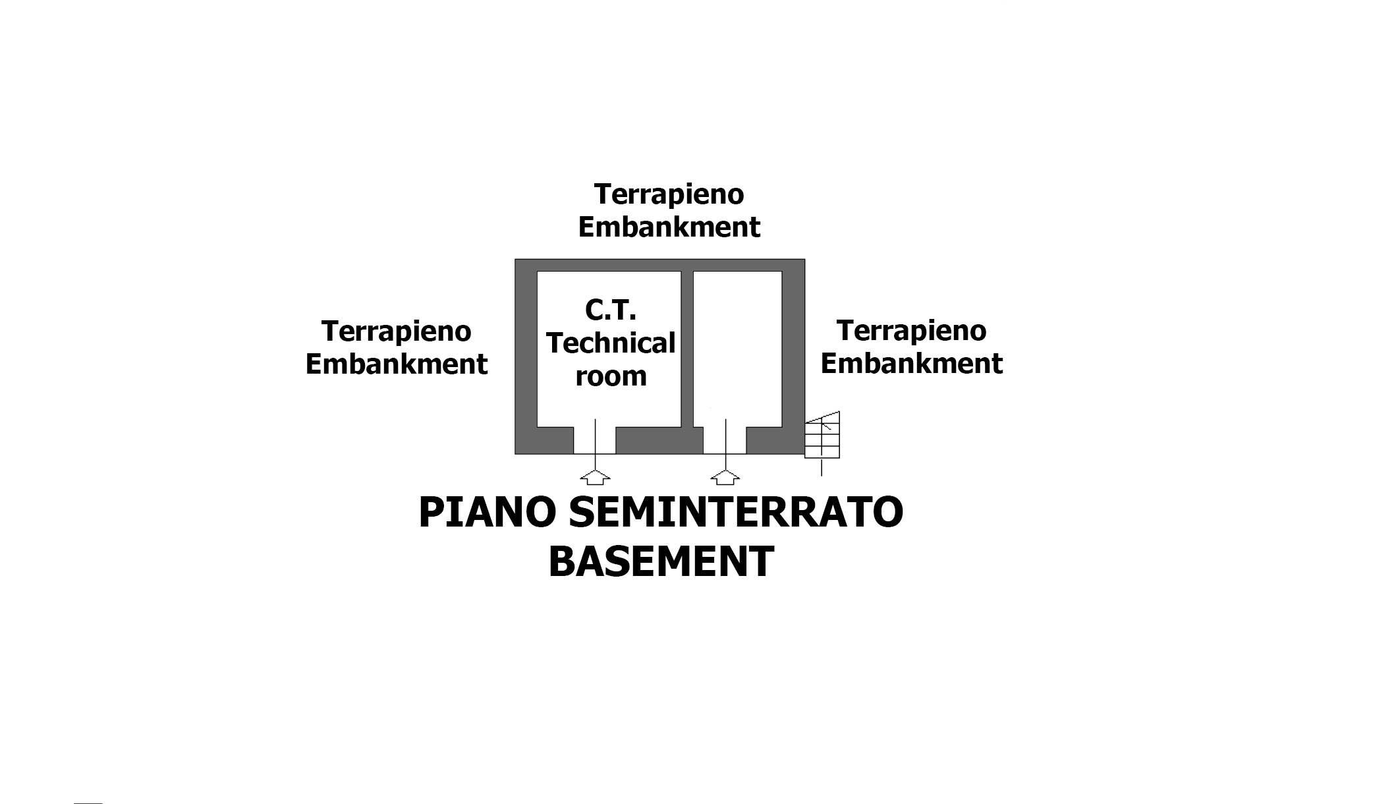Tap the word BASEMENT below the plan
click(661, 561)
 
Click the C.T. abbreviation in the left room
click(610, 310)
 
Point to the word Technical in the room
click(611, 343)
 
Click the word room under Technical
click(611, 376)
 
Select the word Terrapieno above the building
click(669, 195)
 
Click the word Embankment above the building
click(669, 227)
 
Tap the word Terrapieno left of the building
click(397, 331)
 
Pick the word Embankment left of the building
click(397, 364)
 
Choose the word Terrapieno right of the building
click(912, 331)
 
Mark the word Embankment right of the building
click(912, 363)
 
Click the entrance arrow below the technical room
click(595, 477)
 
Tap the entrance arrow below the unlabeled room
click(725, 477)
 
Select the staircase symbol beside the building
click(822, 435)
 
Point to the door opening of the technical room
click(595, 440)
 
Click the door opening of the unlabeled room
click(725, 440)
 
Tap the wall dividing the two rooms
click(687, 349)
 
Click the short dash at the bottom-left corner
click(88, 803)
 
